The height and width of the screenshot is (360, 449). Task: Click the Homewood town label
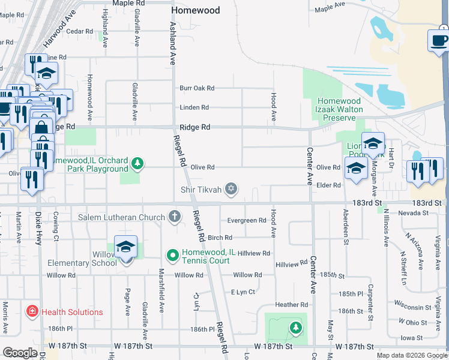196,10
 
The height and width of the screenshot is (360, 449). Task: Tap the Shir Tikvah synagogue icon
231,190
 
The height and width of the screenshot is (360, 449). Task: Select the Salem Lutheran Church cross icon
175,217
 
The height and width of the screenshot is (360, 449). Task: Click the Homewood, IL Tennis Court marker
173,256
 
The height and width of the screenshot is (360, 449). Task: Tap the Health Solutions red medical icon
31,312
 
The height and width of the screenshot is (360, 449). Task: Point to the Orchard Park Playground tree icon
138,163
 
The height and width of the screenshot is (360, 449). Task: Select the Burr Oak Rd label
197,88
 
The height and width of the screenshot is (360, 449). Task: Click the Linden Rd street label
194,108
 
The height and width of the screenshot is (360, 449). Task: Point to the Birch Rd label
220,238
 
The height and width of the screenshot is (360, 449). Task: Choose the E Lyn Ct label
243,292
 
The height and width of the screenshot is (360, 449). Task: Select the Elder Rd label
328,185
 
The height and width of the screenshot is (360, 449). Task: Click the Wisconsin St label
412,308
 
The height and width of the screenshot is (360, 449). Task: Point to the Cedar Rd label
80,31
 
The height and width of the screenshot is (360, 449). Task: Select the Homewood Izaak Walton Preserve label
339,110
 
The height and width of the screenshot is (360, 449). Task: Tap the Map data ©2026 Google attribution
411,355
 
